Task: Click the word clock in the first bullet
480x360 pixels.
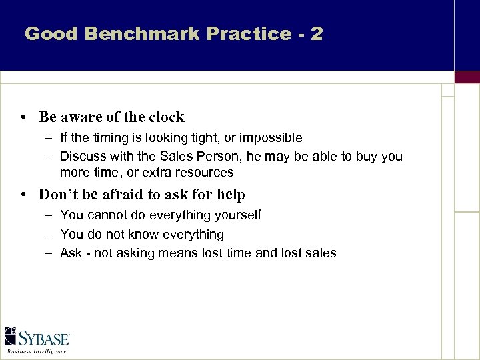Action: pos(166,117)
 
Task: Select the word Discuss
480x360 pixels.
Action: pos(83,156)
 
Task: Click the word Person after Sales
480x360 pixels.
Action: pos(221,156)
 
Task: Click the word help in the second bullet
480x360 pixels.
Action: pos(231,195)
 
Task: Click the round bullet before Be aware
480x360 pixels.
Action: pos(23,118)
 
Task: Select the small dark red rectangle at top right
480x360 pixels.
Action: pos(467,77)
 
